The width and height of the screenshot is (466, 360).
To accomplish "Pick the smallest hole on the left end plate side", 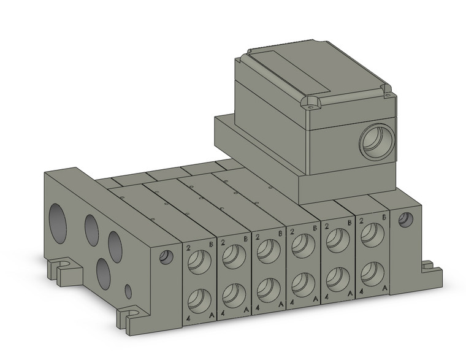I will click(128, 290).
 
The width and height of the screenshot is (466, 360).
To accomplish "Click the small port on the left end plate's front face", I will click(166, 258).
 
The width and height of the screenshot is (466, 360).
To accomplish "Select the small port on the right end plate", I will click(404, 220).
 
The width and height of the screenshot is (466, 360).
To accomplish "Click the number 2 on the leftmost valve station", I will click(188, 248).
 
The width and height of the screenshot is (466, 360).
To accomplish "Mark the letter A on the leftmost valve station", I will click(212, 315).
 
